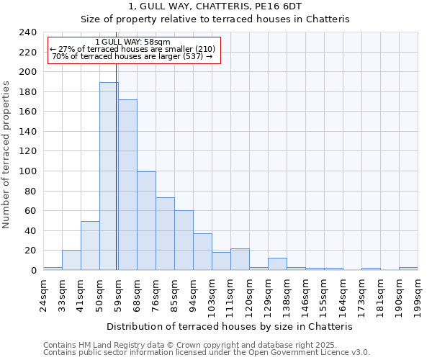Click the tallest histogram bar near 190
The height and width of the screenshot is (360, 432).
pyautogui.click(x=109, y=176)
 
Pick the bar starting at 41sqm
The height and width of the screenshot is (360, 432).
pyautogui.click(x=90, y=246)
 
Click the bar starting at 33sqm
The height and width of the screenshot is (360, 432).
pyautogui.click(x=71, y=260)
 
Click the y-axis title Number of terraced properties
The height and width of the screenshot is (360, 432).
pyautogui.click(x=6, y=154)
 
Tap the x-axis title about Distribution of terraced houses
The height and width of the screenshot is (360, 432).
pyautogui.click(x=229, y=326)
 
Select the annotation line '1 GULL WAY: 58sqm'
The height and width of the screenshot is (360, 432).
pyautogui.click(x=132, y=42)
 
